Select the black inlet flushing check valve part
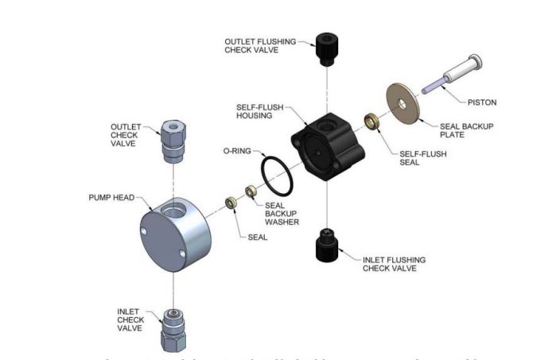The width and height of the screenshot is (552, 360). tap(325, 244)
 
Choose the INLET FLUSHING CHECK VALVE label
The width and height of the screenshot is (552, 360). tap(393, 264)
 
